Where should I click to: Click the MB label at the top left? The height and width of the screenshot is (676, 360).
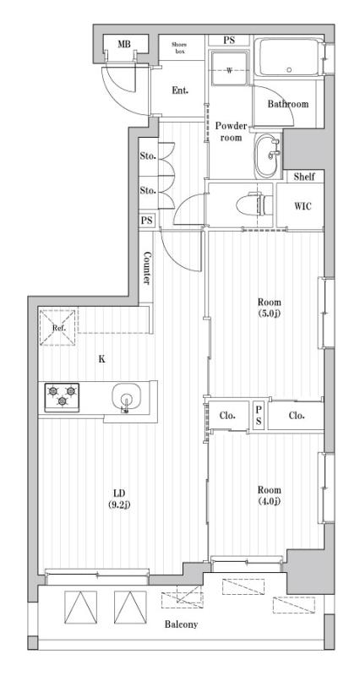pos(124,45)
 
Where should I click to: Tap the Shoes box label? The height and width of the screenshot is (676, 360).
pos(179,48)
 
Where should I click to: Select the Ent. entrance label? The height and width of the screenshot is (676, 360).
pos(180,90)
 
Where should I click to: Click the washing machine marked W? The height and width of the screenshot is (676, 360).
pos(229,70)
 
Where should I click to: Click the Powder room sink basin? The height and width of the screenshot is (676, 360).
pos(270,155)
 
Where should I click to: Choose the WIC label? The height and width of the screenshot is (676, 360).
pos(303,206)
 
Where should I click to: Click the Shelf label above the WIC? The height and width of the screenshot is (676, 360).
pos(304,177)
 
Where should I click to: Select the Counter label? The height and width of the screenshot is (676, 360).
pos(147,269)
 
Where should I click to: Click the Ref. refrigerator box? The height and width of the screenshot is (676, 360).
pos(58,328)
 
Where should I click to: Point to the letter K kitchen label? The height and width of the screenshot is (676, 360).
pos(101,359)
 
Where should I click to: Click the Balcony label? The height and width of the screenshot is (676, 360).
pos(181,624)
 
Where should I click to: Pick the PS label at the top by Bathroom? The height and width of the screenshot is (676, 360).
pos(229,41)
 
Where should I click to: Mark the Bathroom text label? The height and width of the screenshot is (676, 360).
pos(287,104)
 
